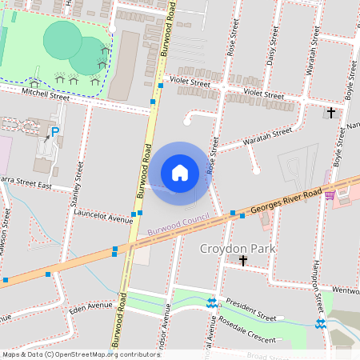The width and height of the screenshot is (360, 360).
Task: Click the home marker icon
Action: point(180,173)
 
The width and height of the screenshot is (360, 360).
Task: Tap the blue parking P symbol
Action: point(55,132)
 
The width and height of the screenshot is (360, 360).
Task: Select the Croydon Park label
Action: point(237,249)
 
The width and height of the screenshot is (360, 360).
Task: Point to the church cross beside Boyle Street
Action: point(331,113)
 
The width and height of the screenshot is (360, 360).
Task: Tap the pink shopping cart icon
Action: point(330,194)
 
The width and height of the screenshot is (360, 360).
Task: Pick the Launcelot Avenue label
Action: point(102,217)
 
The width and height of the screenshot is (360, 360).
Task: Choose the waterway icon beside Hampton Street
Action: point(321,323)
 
